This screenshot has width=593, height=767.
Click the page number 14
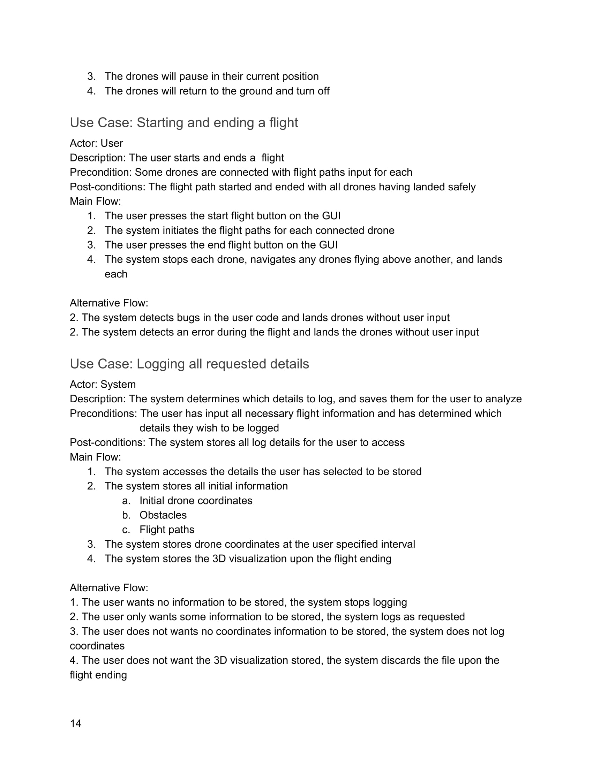point(76,723)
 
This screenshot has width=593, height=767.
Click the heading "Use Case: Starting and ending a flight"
point(184,123)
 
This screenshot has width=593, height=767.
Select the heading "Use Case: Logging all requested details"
point(189,364)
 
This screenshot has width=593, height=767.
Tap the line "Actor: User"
point(96,143)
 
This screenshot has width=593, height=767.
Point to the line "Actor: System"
point(103,385)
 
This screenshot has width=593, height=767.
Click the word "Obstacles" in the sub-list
point(163,515)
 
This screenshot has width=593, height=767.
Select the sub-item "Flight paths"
point(167,530)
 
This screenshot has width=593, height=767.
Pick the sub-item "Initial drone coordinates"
point(196,500)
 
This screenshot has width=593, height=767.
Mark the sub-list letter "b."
point(127,515)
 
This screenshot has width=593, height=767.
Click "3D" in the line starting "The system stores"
point(219,559)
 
